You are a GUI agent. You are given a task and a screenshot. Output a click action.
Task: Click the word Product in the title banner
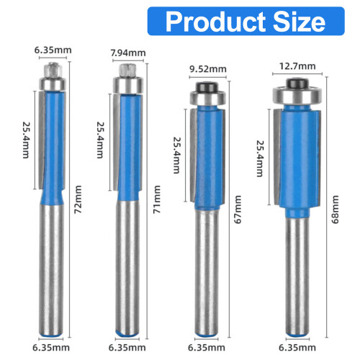point(216,22)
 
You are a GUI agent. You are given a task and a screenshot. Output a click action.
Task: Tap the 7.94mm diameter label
point(128,53)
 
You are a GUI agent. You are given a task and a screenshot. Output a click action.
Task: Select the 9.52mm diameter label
point(208,69)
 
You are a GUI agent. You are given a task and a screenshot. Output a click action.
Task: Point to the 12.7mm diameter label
point(297,66)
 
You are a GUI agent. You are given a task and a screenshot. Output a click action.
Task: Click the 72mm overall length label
point(78,199)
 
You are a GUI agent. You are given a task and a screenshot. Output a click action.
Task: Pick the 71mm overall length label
point(157,199)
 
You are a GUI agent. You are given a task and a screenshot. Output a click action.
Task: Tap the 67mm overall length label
point(238,210)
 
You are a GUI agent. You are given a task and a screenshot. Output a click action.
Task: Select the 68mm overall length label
point(335,210)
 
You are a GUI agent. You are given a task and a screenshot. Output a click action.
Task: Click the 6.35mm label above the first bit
point(53,50)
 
